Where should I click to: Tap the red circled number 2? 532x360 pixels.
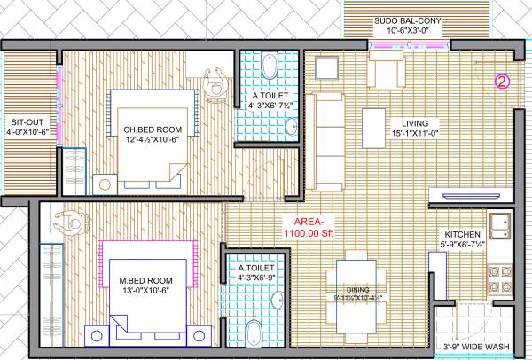click(x=501, y=82)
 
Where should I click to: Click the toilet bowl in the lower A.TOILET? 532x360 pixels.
click(x=253, y=333)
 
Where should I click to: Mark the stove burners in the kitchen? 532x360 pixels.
click(x=501, y=277)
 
